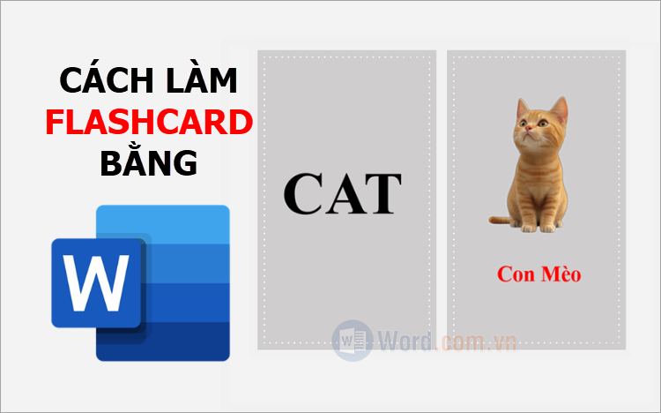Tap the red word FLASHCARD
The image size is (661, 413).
point(149,125)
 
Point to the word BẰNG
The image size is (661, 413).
point(149,165)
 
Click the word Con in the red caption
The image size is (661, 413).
point(515,274)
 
